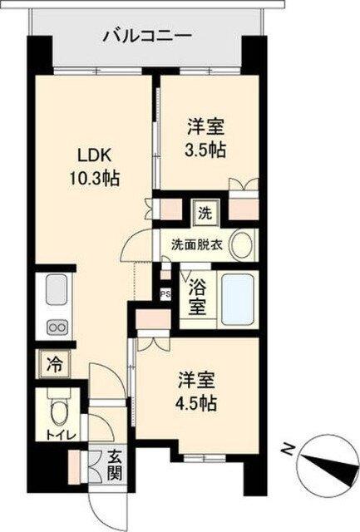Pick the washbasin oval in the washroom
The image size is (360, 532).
(241, 244)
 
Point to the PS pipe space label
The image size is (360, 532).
(165, 293)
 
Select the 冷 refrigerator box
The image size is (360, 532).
(52, 364)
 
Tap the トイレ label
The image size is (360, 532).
(57, 436)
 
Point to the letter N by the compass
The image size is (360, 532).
(288, 449)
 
